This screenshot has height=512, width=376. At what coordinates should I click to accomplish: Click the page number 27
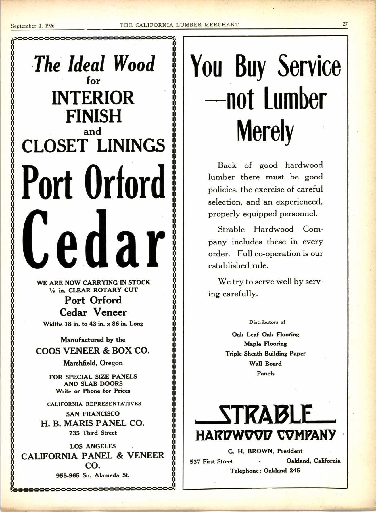coord(345,24)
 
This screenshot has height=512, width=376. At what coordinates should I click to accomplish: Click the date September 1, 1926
coord(32,26)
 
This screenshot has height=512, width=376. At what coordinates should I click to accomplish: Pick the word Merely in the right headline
coord(265,131)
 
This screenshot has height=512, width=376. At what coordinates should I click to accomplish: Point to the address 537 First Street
coord(211,461)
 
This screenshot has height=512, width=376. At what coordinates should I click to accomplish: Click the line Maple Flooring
coord(265,344)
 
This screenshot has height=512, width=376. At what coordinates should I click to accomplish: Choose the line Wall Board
coord(265,363)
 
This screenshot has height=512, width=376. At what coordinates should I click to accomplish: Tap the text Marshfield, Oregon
coord(93,363)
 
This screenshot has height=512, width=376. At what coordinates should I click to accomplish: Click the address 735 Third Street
coord(93,433)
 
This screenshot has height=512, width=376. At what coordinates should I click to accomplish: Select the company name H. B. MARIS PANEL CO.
coord(93,423)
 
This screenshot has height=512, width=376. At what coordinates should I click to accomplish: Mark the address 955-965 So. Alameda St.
coord(93,475)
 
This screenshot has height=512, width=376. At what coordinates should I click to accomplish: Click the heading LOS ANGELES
coord(93,446)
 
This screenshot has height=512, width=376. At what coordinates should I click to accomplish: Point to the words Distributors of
coord(267,322)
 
